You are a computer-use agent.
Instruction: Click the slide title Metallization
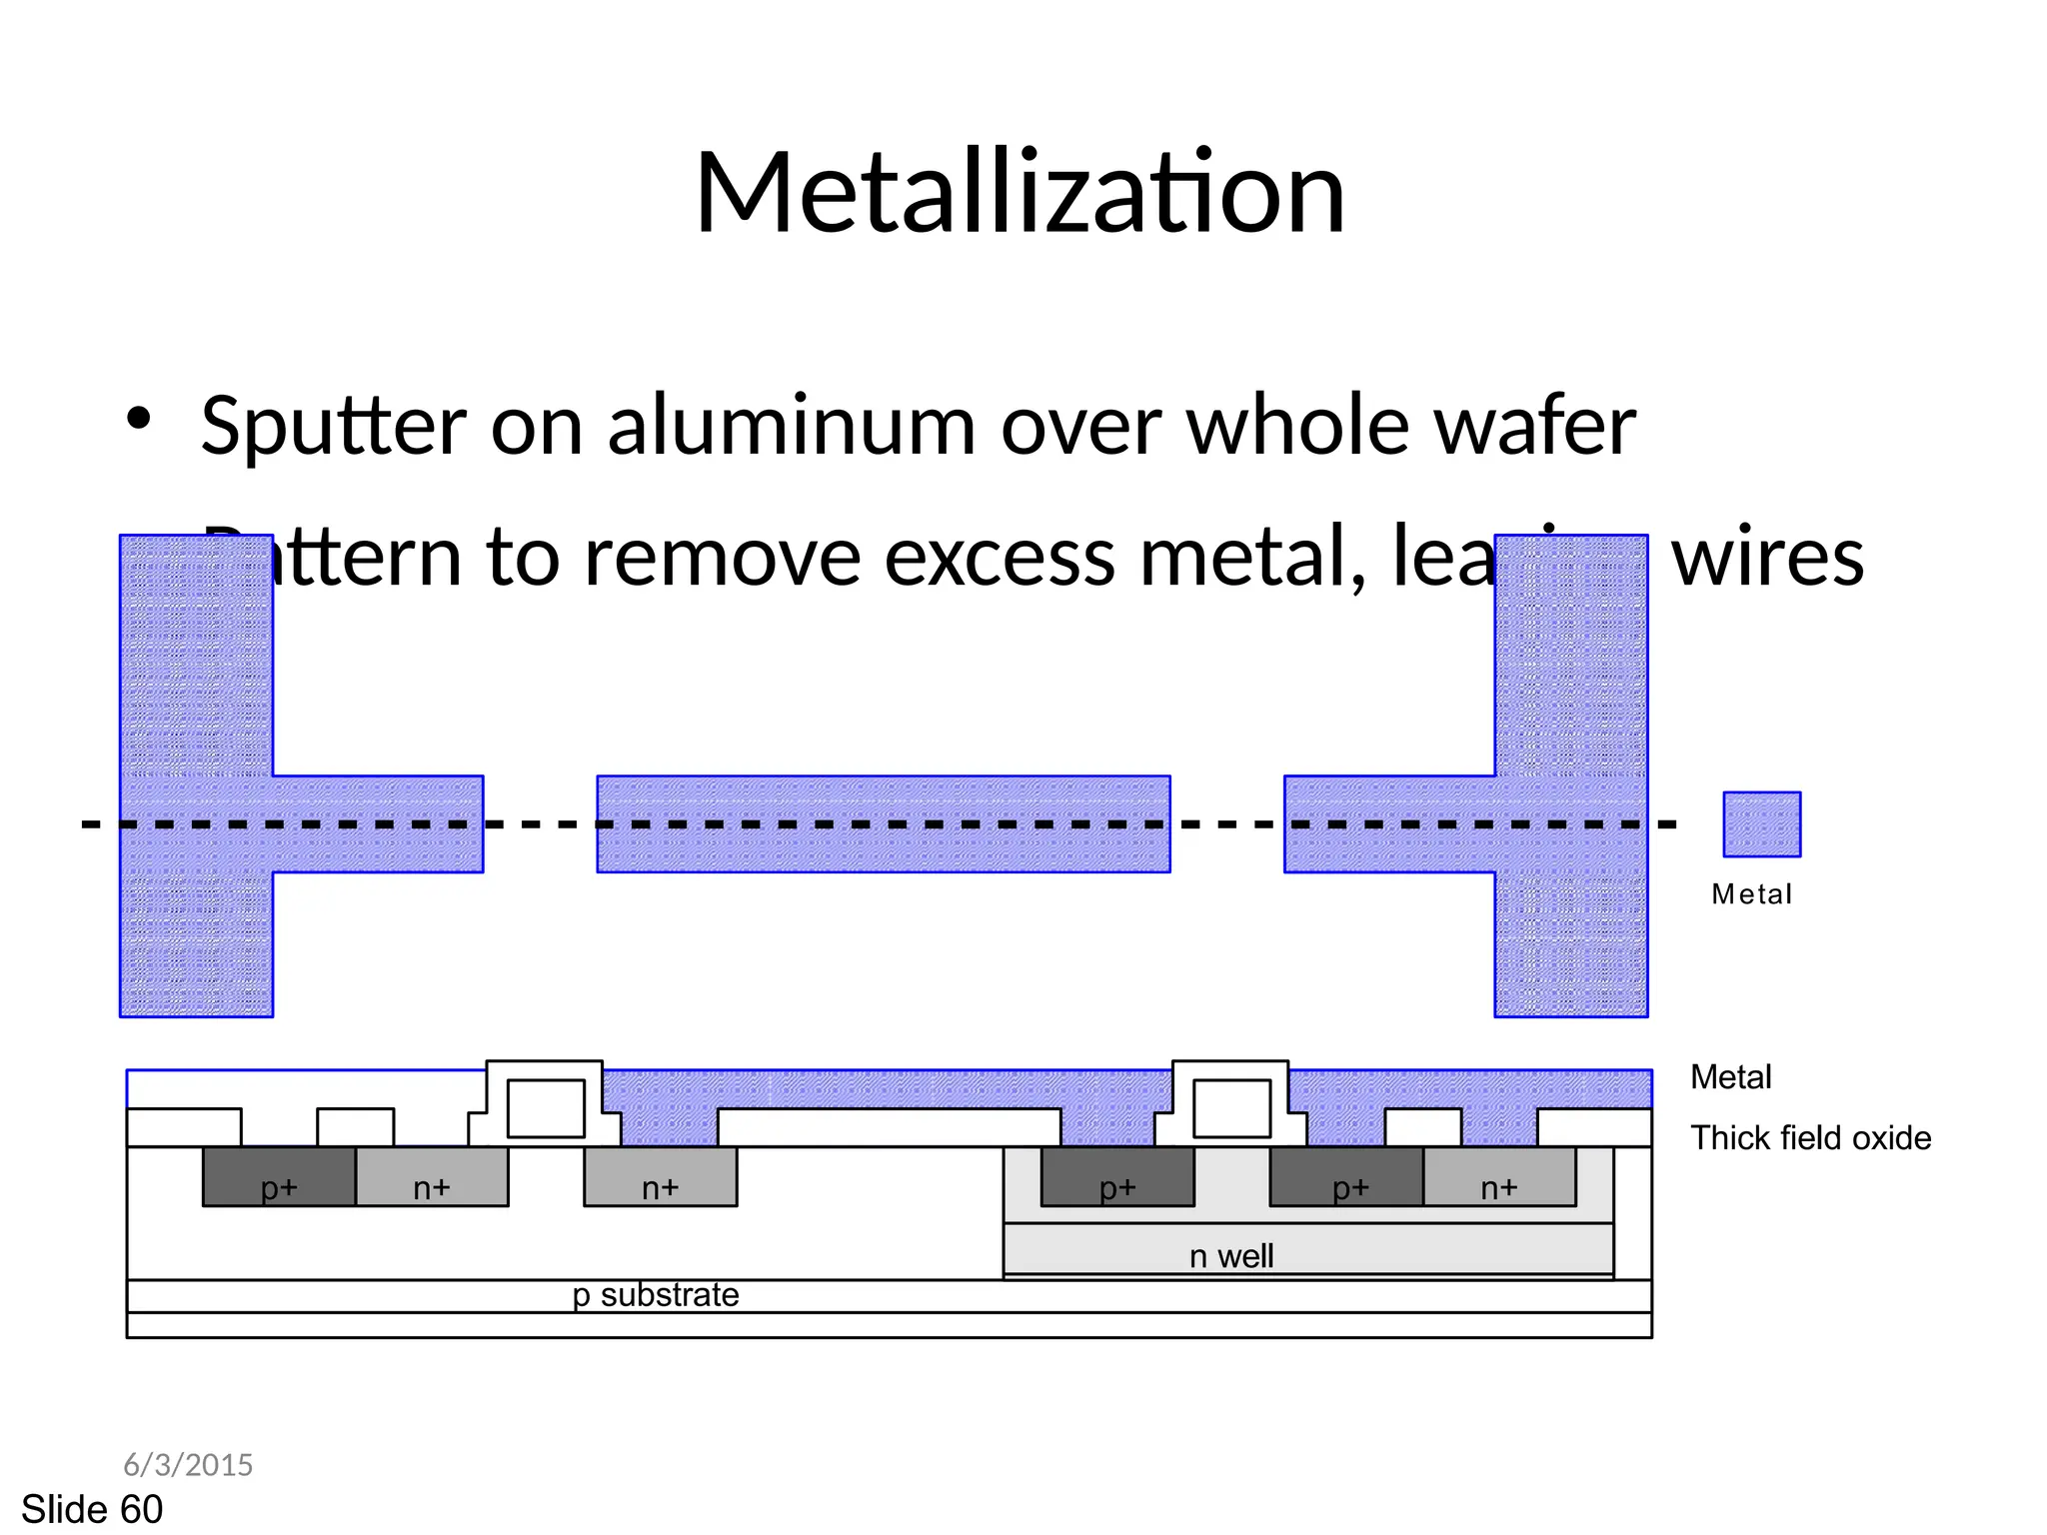tap(1020, 192)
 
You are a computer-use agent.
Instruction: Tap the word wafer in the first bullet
tap(1535, 427)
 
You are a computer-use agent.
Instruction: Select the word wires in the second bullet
tap(1767, 558)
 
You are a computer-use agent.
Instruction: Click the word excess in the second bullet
tap(999, 558)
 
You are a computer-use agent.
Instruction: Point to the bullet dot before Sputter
tap(139, 418)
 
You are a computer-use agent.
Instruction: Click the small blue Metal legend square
tap(1761, 824)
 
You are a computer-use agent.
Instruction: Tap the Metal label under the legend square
tap(1751, 894)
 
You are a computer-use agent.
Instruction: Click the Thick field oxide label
tap(1810, 1138)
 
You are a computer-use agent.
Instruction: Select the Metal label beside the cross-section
tap(1730, 1077)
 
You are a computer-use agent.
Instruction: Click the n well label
tap(1230, 1256)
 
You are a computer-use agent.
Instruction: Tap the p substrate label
tap(656, 1295)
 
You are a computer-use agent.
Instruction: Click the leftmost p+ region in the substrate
tap(279, 1177)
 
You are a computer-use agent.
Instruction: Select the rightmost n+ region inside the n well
tap(1498, 1177)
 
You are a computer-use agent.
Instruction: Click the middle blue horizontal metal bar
tap(884, 824)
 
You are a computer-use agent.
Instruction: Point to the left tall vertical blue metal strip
tap(196, 660)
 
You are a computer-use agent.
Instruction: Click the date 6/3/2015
tap(188, 1465)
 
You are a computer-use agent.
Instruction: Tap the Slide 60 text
tap(92, 1509)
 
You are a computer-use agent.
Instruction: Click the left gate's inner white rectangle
tap(546, 1107)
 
